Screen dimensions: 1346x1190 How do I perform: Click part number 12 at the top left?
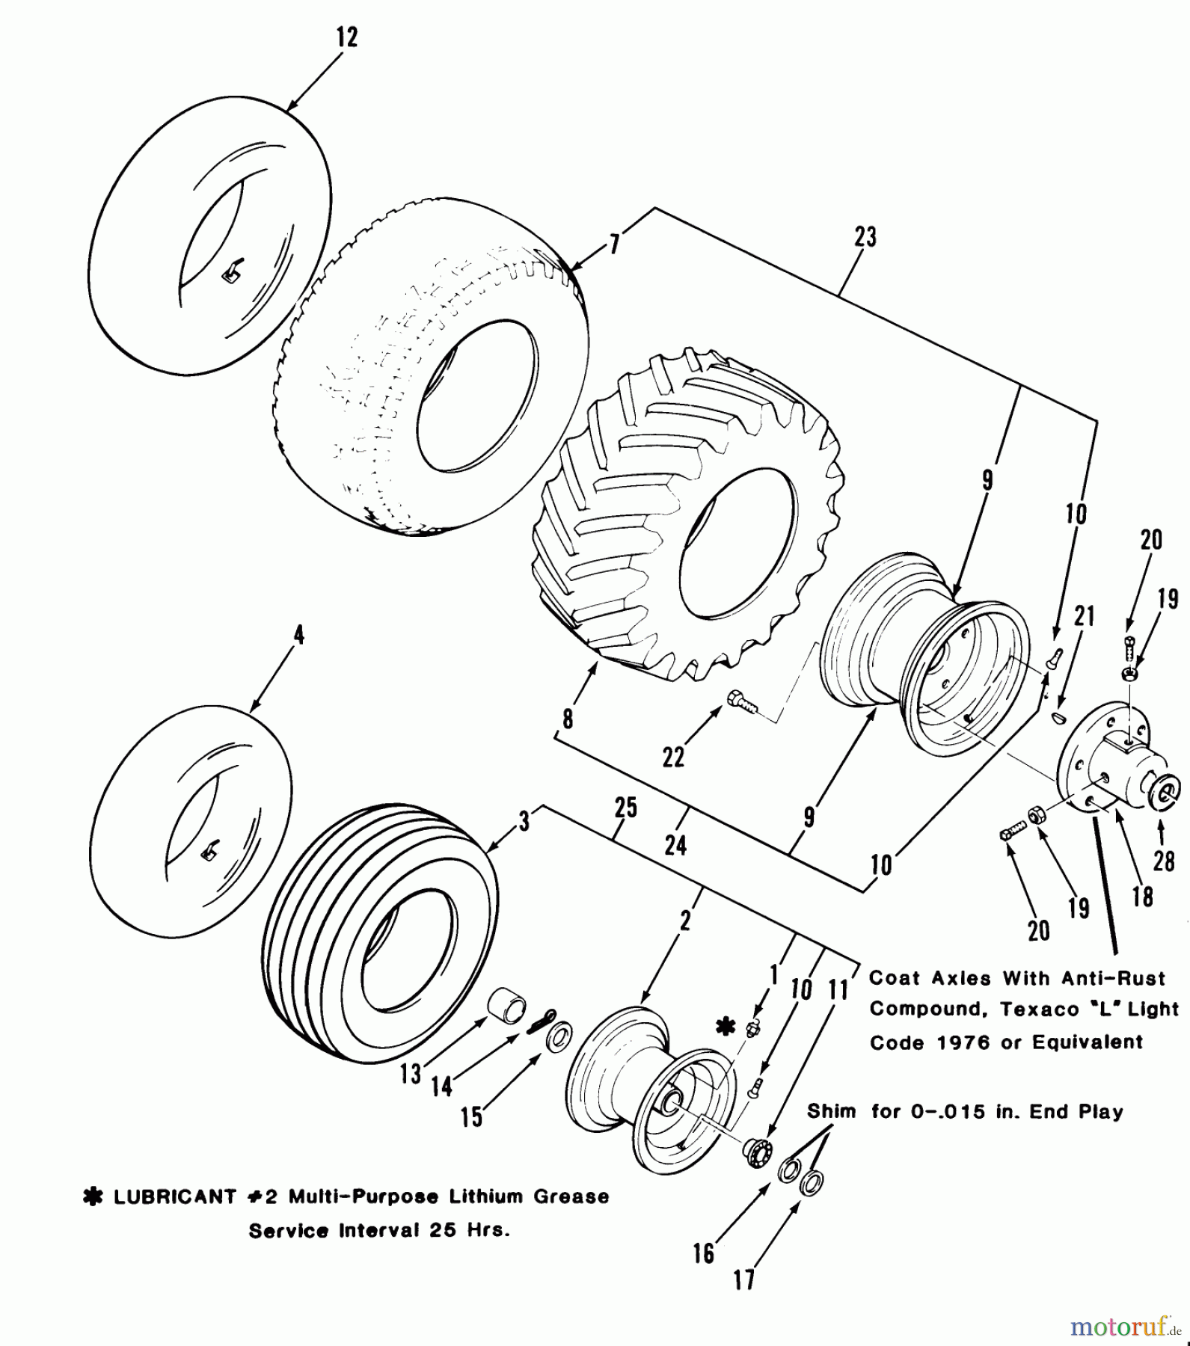(x=347, y=37)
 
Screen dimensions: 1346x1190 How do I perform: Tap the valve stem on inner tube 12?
(x=232, y=273)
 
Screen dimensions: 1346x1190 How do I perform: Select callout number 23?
(x=865, y=237)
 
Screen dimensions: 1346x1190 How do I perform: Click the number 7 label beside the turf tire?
(x=613, y=245)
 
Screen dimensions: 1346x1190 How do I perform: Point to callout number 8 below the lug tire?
(x=568, y=719)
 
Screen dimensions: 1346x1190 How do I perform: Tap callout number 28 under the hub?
(x=1163, y=861)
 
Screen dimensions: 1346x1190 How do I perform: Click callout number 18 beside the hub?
(x=1142, y=897)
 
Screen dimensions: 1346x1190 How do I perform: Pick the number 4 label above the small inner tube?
(x=298, y=636)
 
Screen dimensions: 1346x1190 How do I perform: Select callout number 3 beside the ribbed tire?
(x=524, y=822)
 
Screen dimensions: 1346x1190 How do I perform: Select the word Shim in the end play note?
(x=830, y=1111)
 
